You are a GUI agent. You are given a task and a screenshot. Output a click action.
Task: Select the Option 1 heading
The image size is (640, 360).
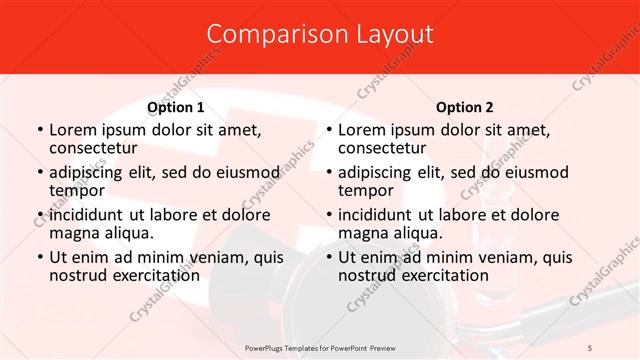tap(176, 107)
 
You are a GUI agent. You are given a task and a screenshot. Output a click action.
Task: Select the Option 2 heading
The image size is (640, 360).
tap(465, 107)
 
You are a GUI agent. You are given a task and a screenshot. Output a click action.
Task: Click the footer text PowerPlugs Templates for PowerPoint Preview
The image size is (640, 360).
tap(319, 346)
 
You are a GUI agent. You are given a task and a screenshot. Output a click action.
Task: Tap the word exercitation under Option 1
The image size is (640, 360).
tap(146, 275)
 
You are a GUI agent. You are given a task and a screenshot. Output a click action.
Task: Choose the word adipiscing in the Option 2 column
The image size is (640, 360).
tap(379, 172)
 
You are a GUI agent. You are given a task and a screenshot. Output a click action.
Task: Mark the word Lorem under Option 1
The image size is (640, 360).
tap(72, 130)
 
